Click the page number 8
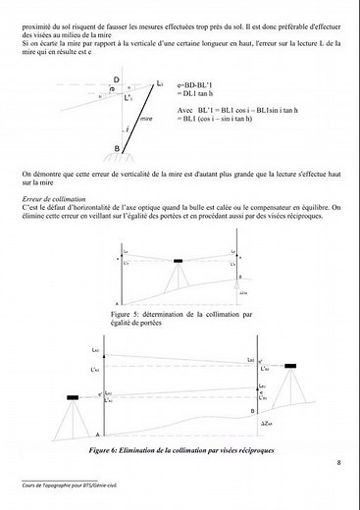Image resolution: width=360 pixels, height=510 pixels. tap(338, 463)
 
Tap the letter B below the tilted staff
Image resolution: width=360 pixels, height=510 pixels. tap(117, 148)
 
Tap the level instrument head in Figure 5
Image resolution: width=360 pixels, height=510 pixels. tap(179, 260)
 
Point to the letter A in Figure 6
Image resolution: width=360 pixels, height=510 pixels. tap(98, 434)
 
